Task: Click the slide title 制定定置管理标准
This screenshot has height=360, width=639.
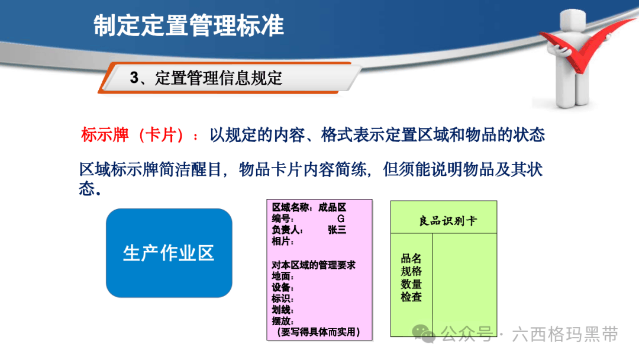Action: pos(189,25)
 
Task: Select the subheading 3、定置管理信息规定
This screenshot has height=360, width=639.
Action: pos(206,78)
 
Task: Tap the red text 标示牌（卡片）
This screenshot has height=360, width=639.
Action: pos(133,135)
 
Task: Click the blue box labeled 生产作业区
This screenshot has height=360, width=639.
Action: pos(169,253)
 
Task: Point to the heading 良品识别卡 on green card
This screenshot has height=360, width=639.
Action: pos(448,221)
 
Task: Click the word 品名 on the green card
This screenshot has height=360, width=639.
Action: pos(411,258)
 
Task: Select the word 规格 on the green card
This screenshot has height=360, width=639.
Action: pos(411,271)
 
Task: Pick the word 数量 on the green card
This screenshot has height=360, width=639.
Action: pos(411,284)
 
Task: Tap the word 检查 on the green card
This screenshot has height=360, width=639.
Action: pos(411,297)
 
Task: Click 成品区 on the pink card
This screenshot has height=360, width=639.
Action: pos(332,207)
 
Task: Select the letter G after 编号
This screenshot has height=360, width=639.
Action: pos(341,219)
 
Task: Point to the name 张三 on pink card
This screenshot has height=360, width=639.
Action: pos(337,230)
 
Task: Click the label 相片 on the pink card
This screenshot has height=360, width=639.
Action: pos(282,241)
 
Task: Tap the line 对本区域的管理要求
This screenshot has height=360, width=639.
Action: pos(314,265)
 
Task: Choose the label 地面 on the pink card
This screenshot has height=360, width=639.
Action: pos(282,277)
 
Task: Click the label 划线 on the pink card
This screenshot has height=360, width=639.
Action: pos(282,310)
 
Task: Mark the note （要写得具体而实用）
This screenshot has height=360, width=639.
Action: pos(318,332)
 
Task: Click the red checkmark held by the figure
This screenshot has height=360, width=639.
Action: pos(587,45)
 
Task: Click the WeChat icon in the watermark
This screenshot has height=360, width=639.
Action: pos(424,334)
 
